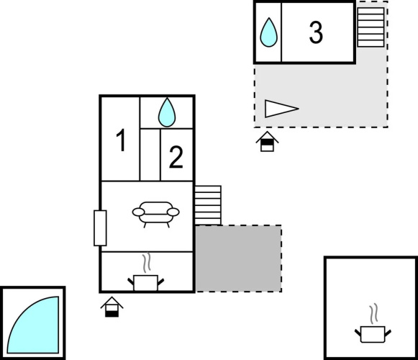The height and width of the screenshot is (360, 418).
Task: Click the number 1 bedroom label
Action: [x=121, y=140]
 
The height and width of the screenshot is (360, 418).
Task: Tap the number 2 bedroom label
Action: [x=176, y=157]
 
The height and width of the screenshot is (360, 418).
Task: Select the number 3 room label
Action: [x=316, y=32]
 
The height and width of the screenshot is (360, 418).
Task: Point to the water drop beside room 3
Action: [x=269, y=32]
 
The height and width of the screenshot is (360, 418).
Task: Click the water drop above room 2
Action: [x=167, y=112]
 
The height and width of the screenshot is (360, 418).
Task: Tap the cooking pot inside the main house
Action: [x=145, y=283]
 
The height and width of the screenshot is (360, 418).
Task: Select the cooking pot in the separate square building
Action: [x=373, y=334]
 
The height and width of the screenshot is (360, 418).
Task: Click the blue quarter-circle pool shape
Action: [x=33, y=325]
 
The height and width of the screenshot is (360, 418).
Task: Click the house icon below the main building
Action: [x=112, y=307]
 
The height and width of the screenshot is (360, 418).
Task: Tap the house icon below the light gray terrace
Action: [x=267, y=141]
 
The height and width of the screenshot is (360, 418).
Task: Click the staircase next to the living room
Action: [x=208, y=205]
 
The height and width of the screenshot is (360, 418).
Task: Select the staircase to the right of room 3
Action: [x=371, y=27]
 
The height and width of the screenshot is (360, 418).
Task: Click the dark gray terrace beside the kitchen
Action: [x=239, y=258]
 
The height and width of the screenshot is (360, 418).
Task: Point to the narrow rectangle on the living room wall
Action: [x=100, y=228]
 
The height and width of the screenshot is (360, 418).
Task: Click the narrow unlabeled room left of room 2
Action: [x=150, y=155]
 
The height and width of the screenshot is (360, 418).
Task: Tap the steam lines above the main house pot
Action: [x=146, y=263]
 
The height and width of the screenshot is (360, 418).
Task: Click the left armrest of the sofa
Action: [x=139, y=212]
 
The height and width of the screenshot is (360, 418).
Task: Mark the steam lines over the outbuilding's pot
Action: [x=373, y=313]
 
